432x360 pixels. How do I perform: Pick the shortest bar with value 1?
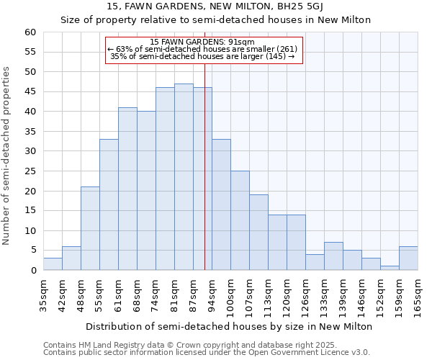390,268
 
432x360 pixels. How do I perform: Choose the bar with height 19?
258,233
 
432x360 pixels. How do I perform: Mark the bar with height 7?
333,256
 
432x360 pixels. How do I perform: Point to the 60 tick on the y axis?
30,32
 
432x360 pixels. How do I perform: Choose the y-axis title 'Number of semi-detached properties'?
7,155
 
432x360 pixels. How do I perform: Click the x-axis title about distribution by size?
228,326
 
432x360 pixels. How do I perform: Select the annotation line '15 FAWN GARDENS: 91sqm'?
202,42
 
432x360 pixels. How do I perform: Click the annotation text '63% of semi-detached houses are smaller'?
202,49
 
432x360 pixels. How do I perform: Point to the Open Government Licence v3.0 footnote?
206,352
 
